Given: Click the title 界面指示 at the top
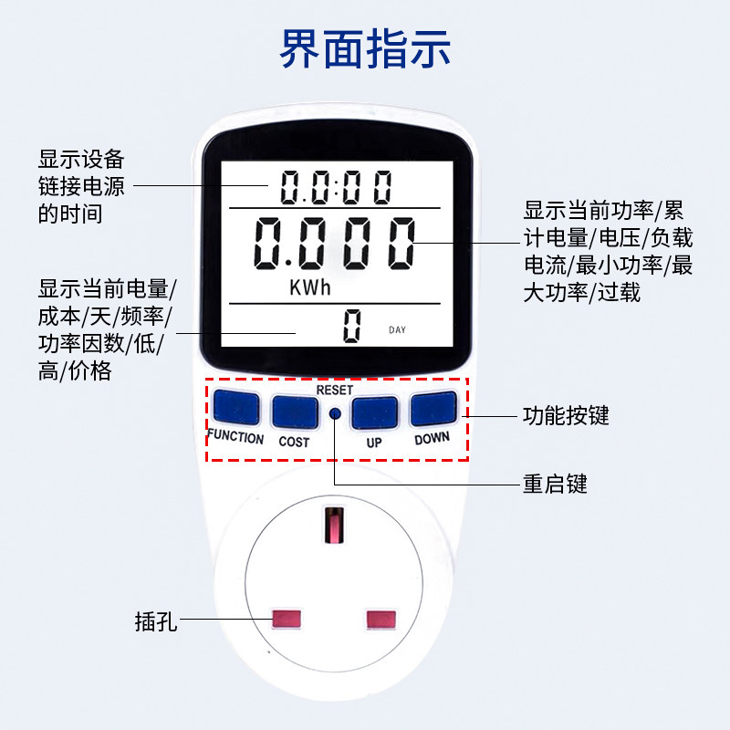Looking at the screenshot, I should [x=365, y=49].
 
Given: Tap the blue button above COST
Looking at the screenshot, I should [x=293, y=412].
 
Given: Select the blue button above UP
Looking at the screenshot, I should [x=374, y=412].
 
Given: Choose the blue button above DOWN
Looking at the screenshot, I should [x=433, y=409].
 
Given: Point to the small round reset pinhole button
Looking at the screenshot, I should [x=334, y=413].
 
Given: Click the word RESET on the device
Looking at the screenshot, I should [x=334, y=390].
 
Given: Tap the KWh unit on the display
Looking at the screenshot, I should [x=309, y=288].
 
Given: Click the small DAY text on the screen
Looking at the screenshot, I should [x=397, y=329].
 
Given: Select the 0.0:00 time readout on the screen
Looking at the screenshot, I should [x=335, y=188].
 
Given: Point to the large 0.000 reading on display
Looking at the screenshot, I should [x=333, y=244].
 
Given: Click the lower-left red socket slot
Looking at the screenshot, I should [x=287, y=619].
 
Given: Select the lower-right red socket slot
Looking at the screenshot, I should [x=383, y=620].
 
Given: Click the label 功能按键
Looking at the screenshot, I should [x=566, y=416].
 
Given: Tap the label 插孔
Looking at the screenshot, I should [x=155, y=623].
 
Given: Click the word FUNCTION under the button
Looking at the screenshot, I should [x=235, y=437].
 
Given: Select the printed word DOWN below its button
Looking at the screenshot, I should [x=432, y=438].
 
